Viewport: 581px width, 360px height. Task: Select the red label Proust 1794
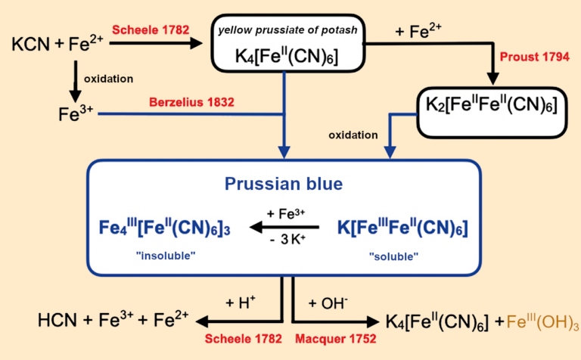[x=531, y=58]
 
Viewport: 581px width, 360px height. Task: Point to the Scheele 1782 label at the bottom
[x=241, y=343]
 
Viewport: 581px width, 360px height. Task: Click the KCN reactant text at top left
[x=31, y=46]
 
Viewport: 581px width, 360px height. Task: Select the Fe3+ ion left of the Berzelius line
[x=75, y=115]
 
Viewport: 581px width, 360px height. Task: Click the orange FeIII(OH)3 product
[x=538, y=321]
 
